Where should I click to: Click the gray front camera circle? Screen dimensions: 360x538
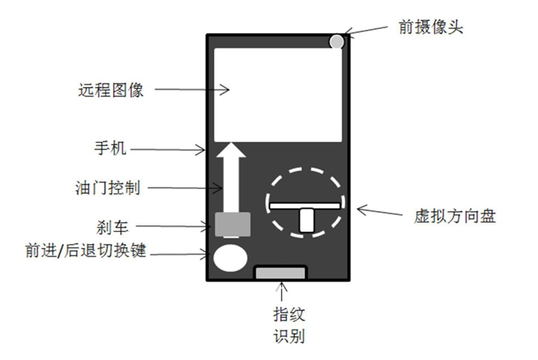tap(336, 42)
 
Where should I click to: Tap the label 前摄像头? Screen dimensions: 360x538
tap(430, 28)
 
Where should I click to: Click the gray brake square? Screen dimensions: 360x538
tap(233, 224)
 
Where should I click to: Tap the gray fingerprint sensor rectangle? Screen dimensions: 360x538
tap(280, 273)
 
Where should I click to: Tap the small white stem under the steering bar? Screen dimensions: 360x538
tap(306, 221)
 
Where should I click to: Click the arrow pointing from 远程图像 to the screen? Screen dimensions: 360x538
tap(191, 90)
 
